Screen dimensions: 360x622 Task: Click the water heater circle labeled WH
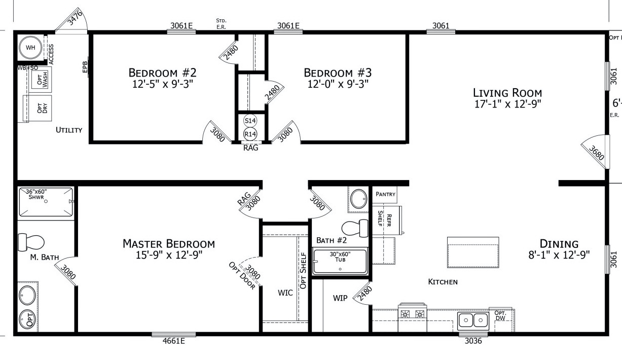point(31,48)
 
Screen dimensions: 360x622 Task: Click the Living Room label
point(507,93)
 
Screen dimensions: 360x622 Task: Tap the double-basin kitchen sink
point(472,320)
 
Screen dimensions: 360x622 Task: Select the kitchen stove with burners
point(412,313)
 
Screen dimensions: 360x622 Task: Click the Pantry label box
point(385,194)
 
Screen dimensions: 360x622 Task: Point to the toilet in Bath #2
point(355,229)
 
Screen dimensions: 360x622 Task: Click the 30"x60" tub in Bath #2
point(340,262)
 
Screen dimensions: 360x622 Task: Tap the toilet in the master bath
point(31,242)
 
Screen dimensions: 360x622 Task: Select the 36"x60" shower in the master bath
point(46,202)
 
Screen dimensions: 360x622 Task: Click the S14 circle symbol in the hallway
point(250,121)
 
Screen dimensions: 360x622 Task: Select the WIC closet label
point(285,293)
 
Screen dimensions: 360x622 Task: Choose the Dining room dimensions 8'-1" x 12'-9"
point(559,255)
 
